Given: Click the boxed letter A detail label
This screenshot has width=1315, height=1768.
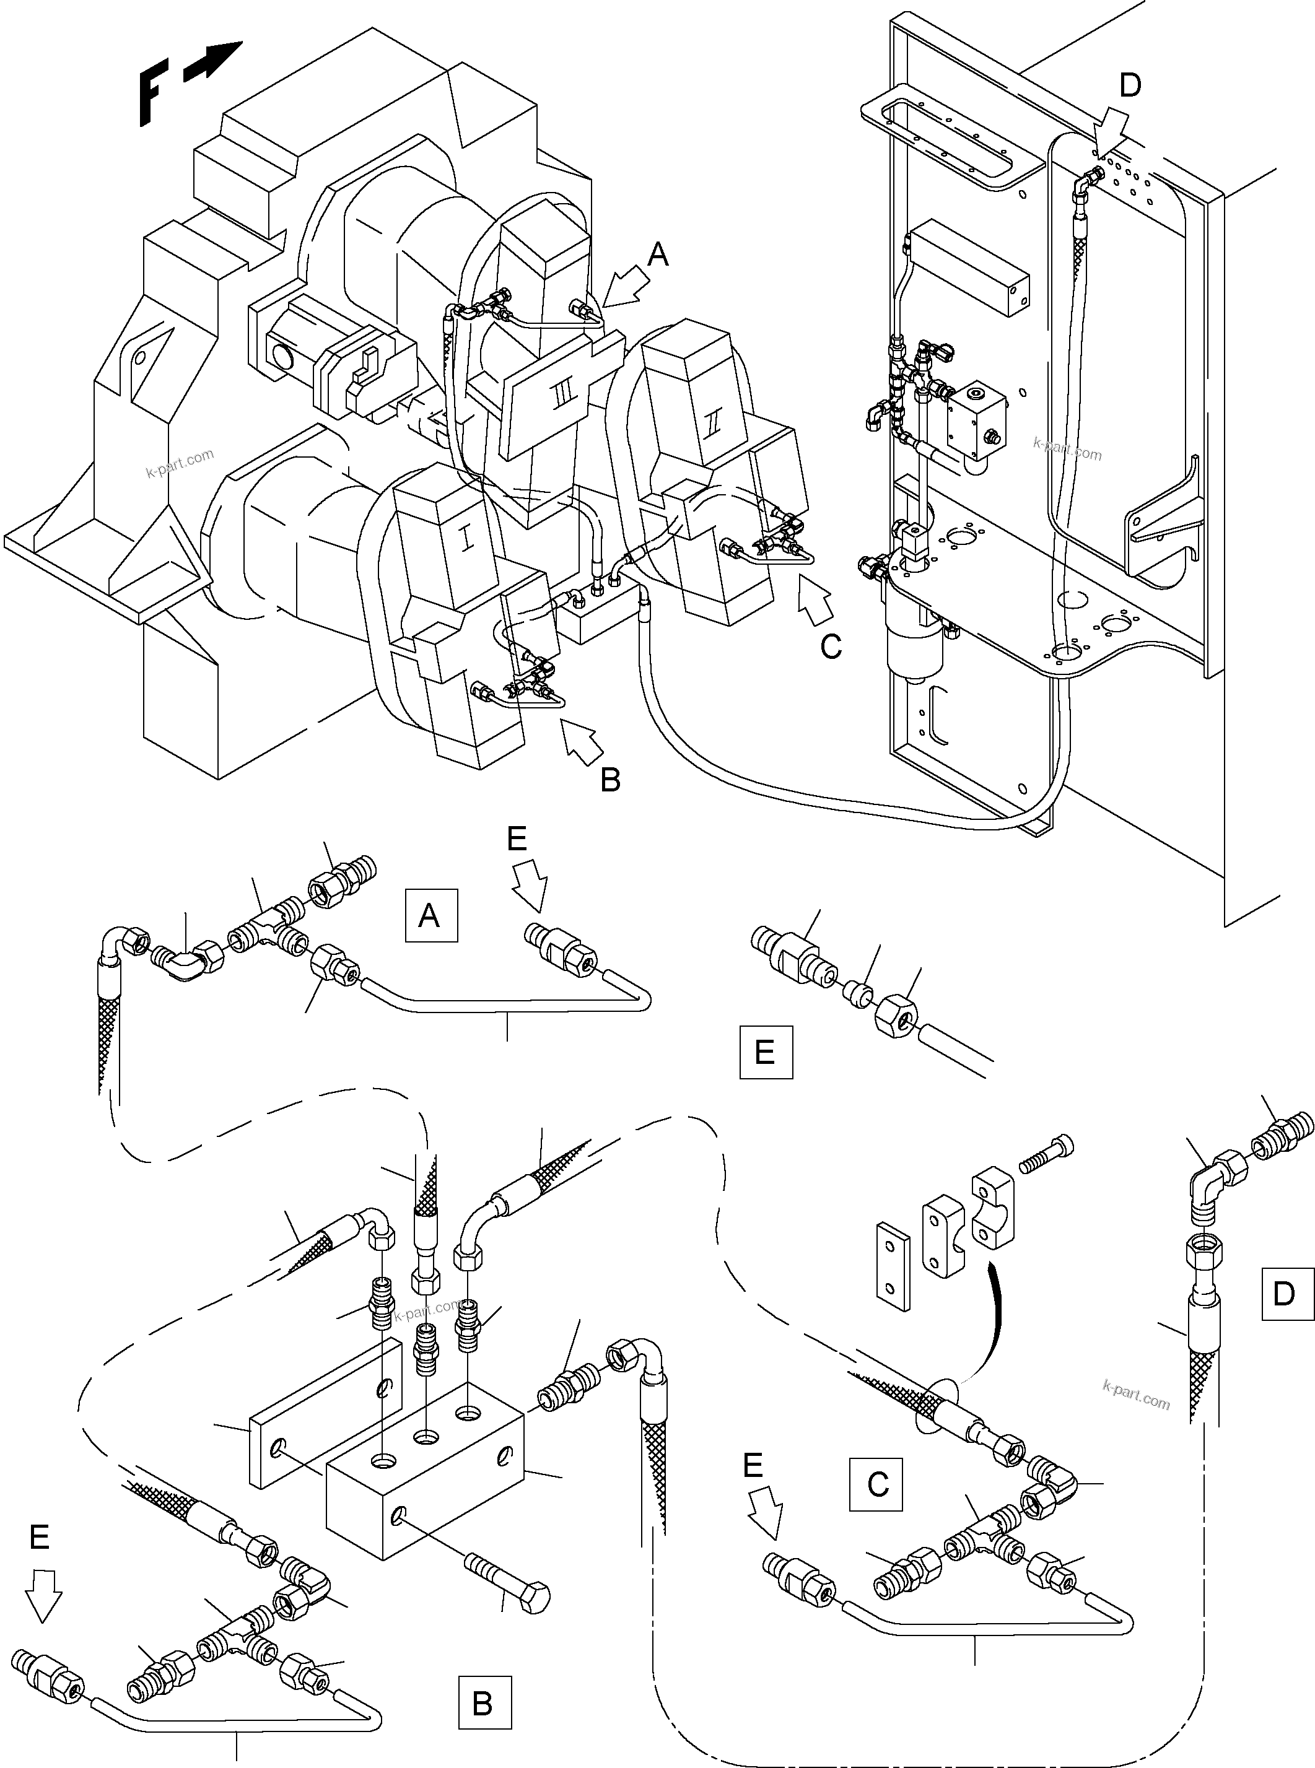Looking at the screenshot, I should click(430, 916).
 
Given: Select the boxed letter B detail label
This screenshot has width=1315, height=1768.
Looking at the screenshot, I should click(484, 1703).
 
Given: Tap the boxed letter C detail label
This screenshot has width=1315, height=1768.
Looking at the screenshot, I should click(876, 1484).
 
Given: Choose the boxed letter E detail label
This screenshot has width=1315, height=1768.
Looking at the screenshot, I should click(766, 1052).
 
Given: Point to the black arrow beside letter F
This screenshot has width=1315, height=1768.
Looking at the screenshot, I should click(212, 62).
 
